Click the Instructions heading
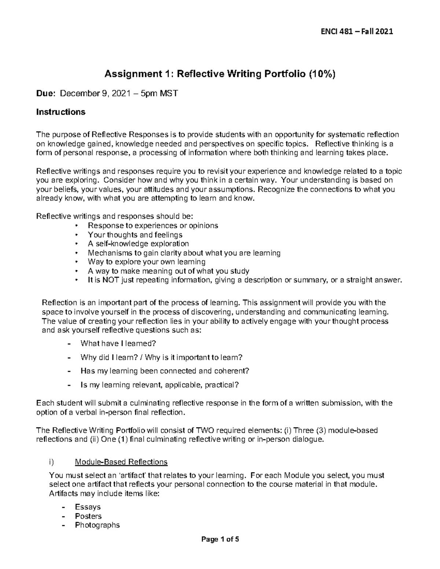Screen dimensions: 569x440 (x=60, y=112)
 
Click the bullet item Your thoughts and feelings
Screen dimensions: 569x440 (x=135, y=234)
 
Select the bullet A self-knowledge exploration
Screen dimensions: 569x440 (x=138, y=244)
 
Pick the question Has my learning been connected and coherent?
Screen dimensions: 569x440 (x=165, y=370)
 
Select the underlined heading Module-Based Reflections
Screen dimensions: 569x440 (x=121, y=462)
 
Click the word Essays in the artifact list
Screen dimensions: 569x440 (x=88, y=507)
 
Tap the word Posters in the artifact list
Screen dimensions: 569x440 (x=88, y=516)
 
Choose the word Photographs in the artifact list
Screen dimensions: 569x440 (x=97, y=525)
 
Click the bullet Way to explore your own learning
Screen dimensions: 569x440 (x=146, y=262)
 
